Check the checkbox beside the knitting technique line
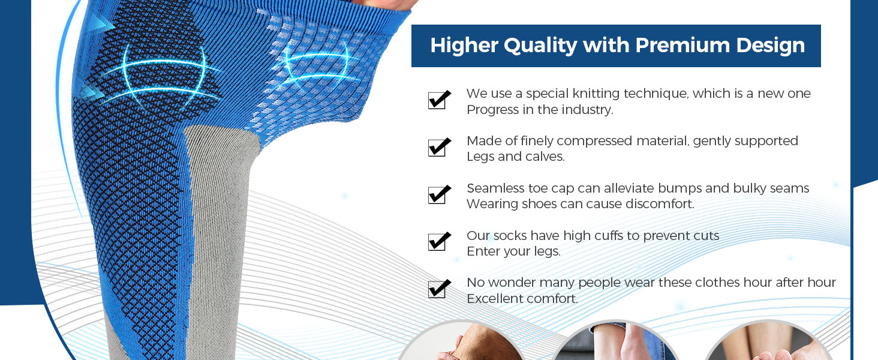pyautogui.click(x=439, y=100)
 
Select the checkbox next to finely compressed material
pyautogui.click(x=439, y=147)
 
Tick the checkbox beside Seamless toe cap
pyautogui.click(x=439, y=194)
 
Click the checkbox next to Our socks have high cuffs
pyautogui.click(x=439, y=241)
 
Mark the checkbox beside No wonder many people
pyautogui.click(x=439, y=289)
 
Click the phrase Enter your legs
pyautogui.click(x=513, y=252)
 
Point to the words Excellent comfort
pyautogui.click(x=522, y=299)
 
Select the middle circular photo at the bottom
pyautogui.click(x=615, y=342)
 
